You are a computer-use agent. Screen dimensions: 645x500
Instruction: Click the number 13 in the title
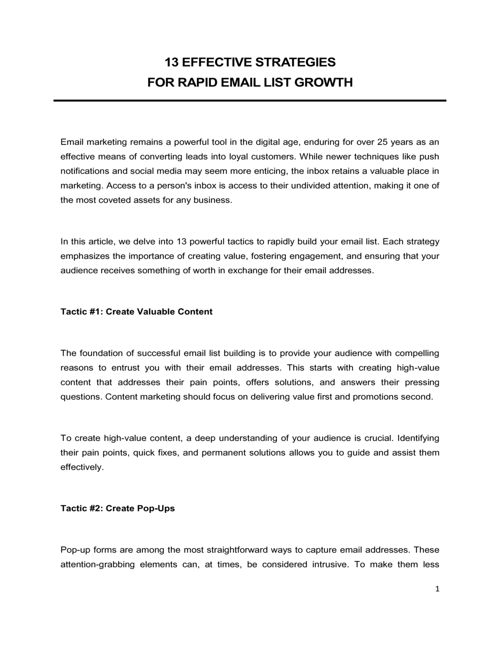(171, 62)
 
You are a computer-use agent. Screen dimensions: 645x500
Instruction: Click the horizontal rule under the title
(250, 100)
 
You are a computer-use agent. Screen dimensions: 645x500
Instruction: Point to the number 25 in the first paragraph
(382, 142)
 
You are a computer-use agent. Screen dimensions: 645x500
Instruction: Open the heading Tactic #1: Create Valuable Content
(136, 311)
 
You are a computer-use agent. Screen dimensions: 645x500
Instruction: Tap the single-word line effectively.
(82, 467)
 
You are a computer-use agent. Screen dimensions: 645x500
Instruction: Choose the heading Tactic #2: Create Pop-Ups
(117, 508)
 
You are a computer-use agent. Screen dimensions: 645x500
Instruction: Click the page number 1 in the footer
(437, 589)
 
